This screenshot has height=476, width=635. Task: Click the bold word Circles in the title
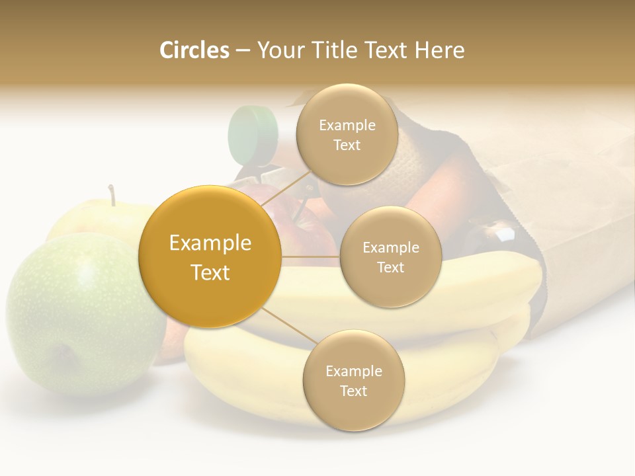pyautogui.click(x=194, y=50)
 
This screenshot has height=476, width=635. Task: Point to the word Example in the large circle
pyautogui.click(x=210, y=243)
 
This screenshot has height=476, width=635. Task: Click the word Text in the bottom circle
pyautogui.click(x=353, y=391)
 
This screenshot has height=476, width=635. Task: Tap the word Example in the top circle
pyautogui.click(x=347, y=126)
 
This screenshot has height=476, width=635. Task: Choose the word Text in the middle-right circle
pyautogui.click(x=390, y=268)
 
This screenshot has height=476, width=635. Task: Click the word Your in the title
pyautogui.click(x=276, y=50)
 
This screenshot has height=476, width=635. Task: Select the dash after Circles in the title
pyautogui.click(x=243, y=50)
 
